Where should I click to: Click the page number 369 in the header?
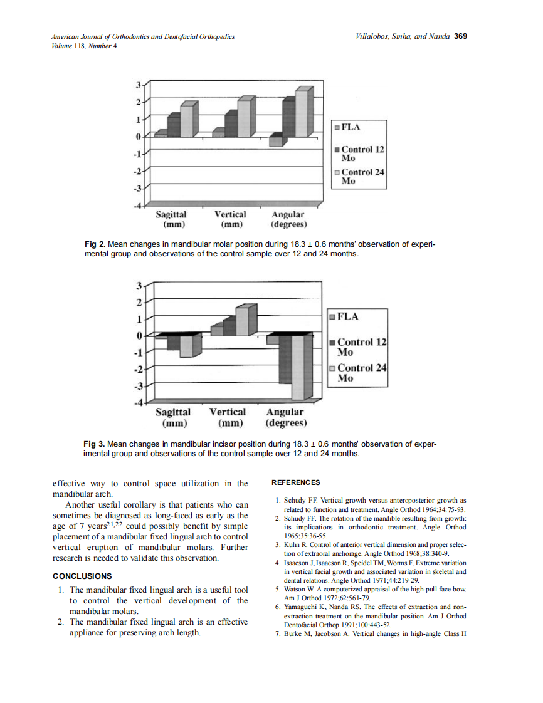(461, 36)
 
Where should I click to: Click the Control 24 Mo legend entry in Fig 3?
(361, 373)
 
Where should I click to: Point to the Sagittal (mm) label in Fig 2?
(171, 219)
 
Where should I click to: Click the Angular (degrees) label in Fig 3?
(285, 417)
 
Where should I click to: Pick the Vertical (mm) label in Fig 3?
(227, 417)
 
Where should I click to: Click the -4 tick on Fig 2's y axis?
(138, 205)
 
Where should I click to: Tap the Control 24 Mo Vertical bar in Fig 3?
(243, 321)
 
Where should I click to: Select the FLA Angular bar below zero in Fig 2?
(275, 141)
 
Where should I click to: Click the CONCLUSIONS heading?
(82, 576)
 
